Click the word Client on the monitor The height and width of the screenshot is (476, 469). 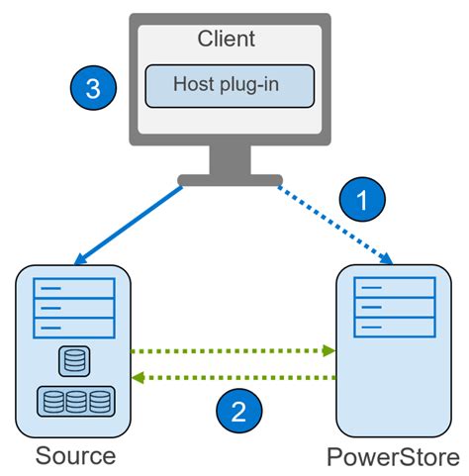coord(227,39)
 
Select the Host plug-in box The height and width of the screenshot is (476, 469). coord(229,86)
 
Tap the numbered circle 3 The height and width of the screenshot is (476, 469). coord(93,88)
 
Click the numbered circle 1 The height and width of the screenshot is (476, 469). coord(362,199)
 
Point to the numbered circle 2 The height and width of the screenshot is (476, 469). coord(238,410)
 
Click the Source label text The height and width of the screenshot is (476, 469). coord(75,456)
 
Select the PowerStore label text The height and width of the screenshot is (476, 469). coord(393,458)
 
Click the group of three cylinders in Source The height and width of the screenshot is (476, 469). coord(75,401)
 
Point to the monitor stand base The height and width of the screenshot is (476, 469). coord(229,179)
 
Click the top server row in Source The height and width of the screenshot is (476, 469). coord(75,290)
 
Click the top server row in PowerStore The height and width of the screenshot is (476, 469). coord(394,289)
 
